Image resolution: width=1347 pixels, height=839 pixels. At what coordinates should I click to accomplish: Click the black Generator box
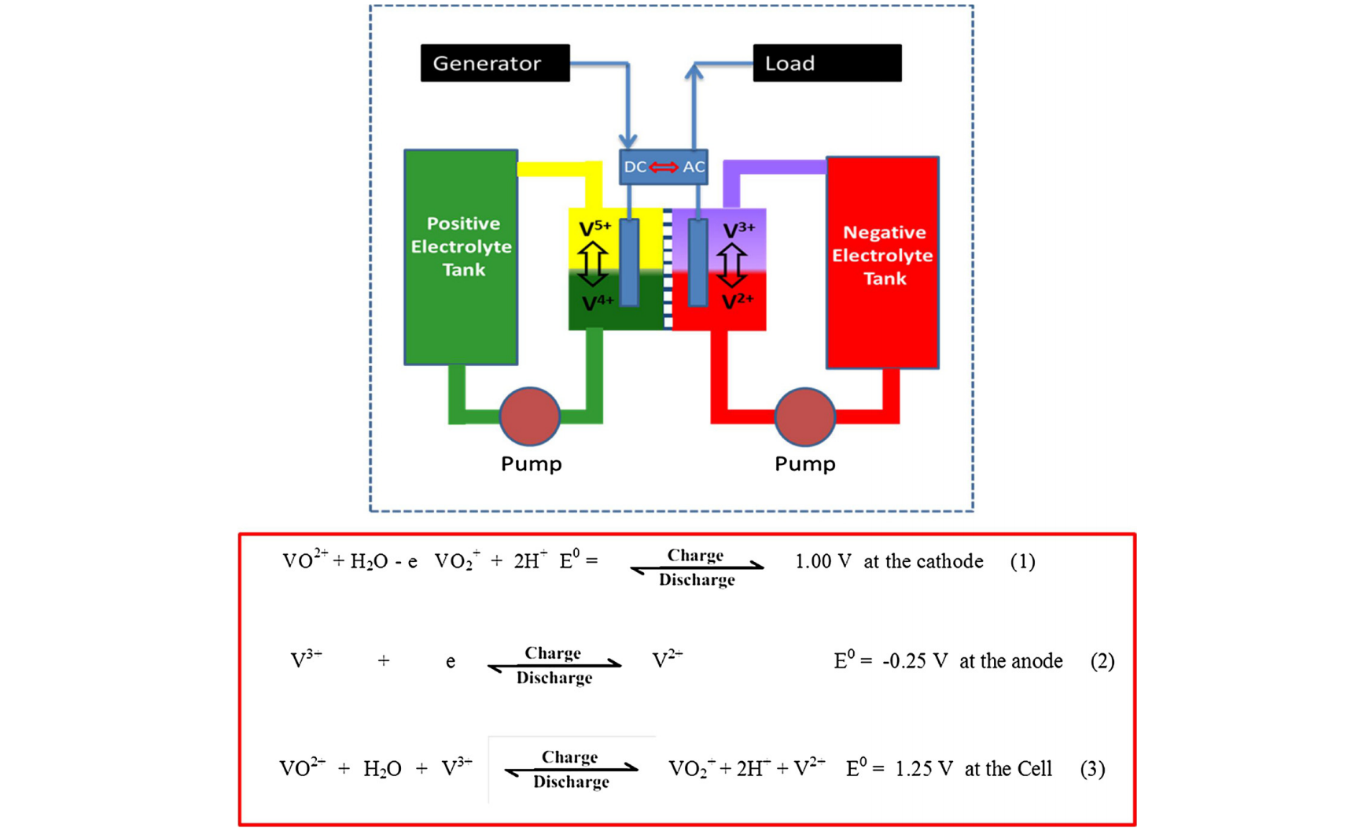(x=495, y=63)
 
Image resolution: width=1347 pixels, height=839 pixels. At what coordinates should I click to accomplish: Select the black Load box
(x=826, y=63)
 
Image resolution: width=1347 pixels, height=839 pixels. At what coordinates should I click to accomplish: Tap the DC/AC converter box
(x=663, y=167)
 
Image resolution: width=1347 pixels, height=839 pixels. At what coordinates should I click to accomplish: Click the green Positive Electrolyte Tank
(x=461, y=257)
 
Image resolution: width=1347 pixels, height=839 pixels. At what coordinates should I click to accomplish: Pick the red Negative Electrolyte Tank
(x=882, y=262)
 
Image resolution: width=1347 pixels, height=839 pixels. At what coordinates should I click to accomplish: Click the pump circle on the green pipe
(x=529, y=416)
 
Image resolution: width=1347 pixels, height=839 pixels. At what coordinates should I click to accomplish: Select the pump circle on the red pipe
(x=804, y=416)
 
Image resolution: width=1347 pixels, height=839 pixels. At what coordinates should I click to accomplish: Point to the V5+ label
(x=594, y=229)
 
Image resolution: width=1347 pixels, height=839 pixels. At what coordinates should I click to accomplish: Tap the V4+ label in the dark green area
(x=597, y=303)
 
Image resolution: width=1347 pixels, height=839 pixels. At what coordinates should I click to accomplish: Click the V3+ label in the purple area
(x=738, y=230)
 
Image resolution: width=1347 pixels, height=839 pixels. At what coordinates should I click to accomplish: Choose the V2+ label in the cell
(x=737, y=301)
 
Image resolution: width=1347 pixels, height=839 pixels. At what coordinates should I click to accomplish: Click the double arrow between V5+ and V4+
(x=592, y=264)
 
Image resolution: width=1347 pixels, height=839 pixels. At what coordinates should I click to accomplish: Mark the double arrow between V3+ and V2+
(x=731, y=264)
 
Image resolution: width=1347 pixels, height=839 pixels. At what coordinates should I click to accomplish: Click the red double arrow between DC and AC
(x=664, y=167)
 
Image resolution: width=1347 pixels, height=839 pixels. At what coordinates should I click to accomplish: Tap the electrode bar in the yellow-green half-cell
(x=629, y=261)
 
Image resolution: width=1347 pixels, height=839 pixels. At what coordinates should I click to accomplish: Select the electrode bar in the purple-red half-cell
(x=697, y=261)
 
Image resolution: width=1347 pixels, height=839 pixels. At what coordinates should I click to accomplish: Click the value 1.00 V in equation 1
(x=823, y=562)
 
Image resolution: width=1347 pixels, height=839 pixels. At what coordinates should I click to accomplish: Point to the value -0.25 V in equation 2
(x=915, y=661)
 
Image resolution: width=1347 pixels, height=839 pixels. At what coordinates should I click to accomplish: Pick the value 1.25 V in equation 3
(x=924, y=769)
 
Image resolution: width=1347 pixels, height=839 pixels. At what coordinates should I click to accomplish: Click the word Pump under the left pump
(x=531, y=464)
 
